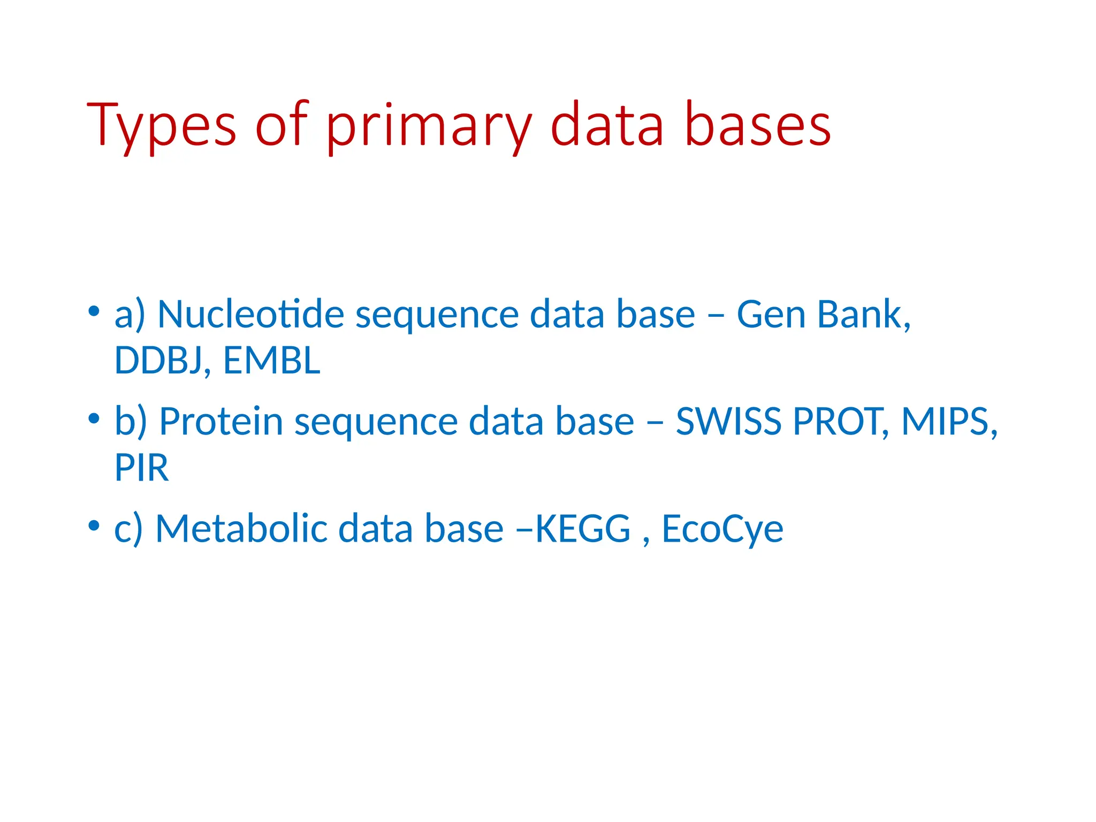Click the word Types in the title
click(x=161, y=126)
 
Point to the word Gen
click(x=771, y=314)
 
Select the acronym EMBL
click(x=271, y=360)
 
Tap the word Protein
click(x=221, y=421)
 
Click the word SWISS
click(x=728, y=421)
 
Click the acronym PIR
click(x=141, y=468)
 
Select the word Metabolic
click(x=241, y=529)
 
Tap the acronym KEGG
click(x=583, y=529)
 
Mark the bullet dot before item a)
click(x=94, y=311)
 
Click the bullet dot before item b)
click(x=94, y=418)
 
